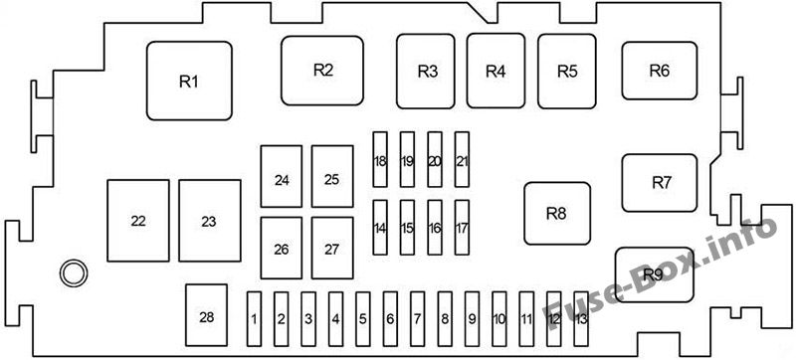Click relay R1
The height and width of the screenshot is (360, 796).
pos(189,82)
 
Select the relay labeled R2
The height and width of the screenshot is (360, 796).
pos(322,71)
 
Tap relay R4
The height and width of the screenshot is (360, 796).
pos(496,71)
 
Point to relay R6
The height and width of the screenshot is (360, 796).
pos(660,71)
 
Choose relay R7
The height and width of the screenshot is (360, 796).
pos(660,183)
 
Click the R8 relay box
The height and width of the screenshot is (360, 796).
pos(557,214)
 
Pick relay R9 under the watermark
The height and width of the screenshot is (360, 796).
pos(655,274)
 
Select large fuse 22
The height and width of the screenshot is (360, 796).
pos(138,221)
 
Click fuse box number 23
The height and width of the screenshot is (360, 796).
pos(210,221)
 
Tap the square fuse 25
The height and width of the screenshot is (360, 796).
pos(332,176)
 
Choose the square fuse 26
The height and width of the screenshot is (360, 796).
pos(282,248)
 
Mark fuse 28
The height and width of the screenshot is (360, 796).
pos(207,315)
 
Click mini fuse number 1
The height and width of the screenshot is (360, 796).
pos(255,319)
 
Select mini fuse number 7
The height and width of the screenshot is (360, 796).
pos(417,319)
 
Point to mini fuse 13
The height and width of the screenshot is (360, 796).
pos(581,319)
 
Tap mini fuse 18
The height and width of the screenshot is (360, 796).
pos(380,160)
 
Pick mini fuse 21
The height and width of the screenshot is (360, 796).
pos(462,160)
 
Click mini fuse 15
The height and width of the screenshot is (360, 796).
pos(407,227)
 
